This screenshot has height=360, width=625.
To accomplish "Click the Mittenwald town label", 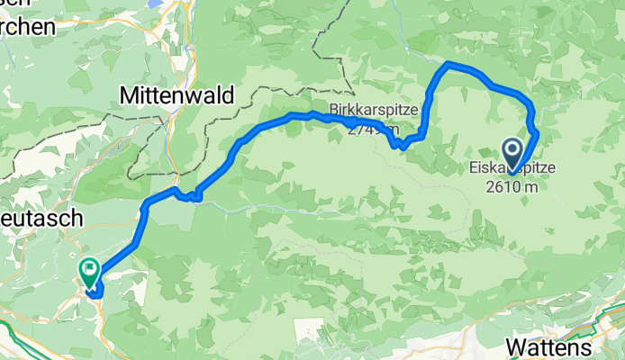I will (x=177, y=94).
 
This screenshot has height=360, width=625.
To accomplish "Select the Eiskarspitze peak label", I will (x=512, y=168).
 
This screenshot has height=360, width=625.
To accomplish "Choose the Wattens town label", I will (x=549, y=347).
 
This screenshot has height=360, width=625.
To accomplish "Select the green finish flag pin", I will (x=90, y=269).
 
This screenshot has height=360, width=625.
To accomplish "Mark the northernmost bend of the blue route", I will (x=448, y=64).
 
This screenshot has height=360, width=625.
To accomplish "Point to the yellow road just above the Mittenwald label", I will (x=168, y=72).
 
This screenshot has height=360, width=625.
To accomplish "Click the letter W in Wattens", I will (x=517, y=347).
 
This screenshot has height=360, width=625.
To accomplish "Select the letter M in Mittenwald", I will (x=129, y=94).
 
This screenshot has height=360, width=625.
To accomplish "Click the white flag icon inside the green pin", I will (x=90, y=266).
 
